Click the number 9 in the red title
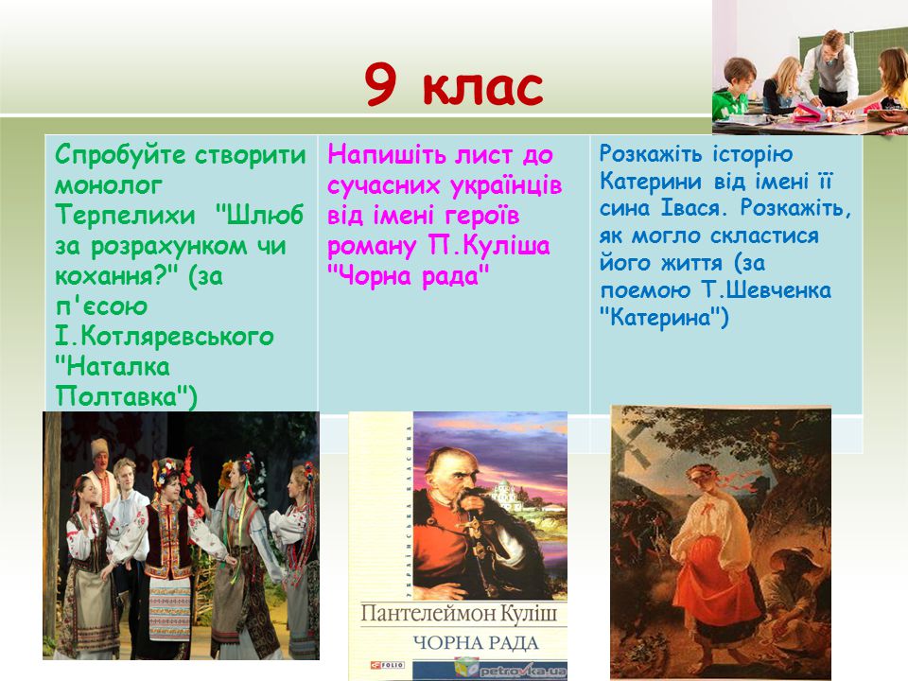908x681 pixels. [x=381, y=85]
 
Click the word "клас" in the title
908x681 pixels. [x=482, y=87]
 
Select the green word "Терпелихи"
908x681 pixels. [x=125, y=216]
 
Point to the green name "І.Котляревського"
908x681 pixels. [x=165, y=337]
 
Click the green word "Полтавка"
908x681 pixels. [x=122, y=396]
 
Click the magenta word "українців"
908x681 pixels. [x=505, y=185]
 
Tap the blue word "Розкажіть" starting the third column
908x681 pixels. [x=651, y=154]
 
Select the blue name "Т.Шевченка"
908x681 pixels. [x=767, y=290]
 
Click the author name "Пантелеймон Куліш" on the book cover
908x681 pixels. [x=459, y=614]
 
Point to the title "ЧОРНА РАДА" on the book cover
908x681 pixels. [x=476, y=643]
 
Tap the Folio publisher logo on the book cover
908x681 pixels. [x=388, y=665]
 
